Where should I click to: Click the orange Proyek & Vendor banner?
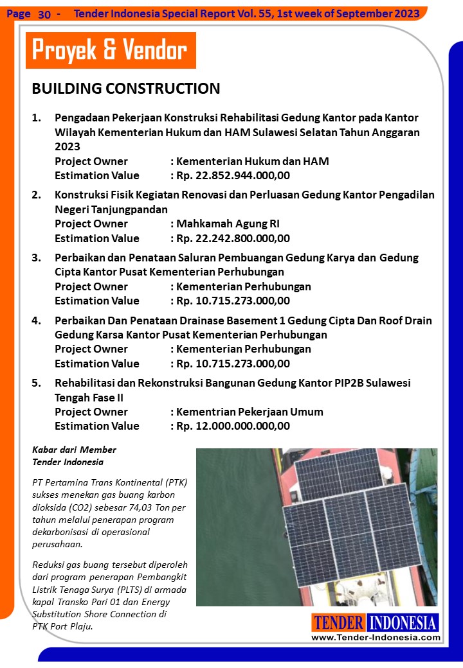[x=110, y=50]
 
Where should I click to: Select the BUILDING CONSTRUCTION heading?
[x=126, y=89]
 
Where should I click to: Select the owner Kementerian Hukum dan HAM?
[x=252, y=161]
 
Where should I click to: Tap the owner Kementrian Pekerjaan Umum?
[x=250, y=412]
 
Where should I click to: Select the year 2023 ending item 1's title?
[x=68, y=147]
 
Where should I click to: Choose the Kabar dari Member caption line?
[x=74, y=449]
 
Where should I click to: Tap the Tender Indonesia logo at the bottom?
[x=375, y=622]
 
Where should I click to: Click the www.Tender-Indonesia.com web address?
[x=376, y=637]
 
